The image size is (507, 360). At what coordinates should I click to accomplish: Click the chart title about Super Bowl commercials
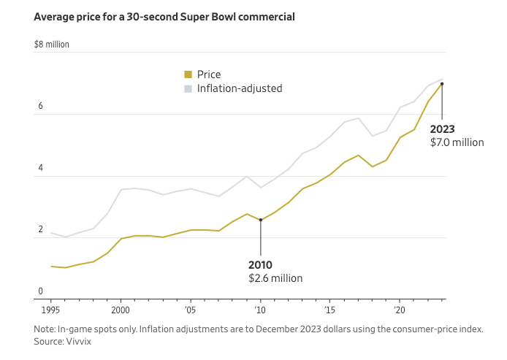pos(164,16)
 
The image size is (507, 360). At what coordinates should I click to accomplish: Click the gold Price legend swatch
pos(188,74)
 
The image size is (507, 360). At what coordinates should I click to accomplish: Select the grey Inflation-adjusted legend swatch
pos(188,88)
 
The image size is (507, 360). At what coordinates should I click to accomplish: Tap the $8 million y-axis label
pos(51,45)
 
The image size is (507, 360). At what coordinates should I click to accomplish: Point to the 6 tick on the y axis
pos(41,107)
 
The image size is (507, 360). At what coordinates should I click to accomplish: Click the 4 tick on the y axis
pos(41,168)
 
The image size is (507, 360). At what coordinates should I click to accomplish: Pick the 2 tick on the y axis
pos(41,230)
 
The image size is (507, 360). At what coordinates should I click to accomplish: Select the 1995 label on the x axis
pos(51,309)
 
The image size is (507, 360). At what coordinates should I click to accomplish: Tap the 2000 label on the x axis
pos(121,309)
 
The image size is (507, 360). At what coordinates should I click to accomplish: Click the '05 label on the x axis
pos(190,309)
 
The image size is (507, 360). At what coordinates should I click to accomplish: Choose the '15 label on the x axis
pos(329,309)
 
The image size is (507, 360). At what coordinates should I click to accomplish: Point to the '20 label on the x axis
pos(400,309)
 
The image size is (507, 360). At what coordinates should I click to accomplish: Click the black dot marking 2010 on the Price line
pos(261,220)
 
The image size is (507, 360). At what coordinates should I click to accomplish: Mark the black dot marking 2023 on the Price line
pos(442,84)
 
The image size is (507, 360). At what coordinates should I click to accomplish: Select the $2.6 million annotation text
pos(275,278)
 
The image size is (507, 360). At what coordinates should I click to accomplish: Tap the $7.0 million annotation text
pos(457,142)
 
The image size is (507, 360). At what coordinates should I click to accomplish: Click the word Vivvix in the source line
pos(78,341)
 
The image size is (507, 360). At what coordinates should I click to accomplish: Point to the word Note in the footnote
pos(45,329)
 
